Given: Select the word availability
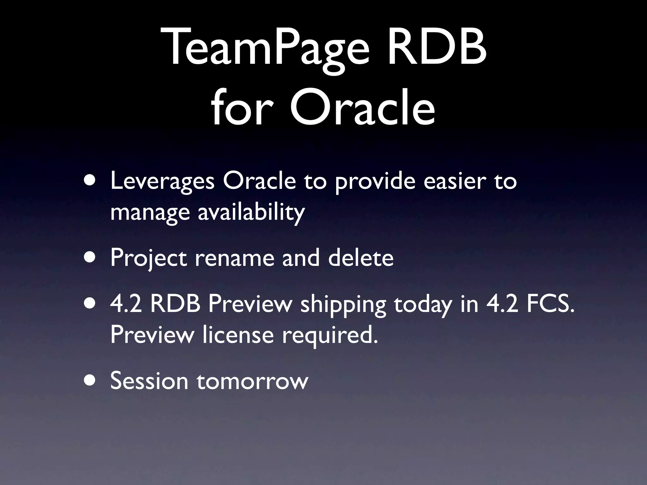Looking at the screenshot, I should point(251,212).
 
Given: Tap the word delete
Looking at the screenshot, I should point(361,258).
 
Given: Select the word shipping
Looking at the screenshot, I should point(343,305).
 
